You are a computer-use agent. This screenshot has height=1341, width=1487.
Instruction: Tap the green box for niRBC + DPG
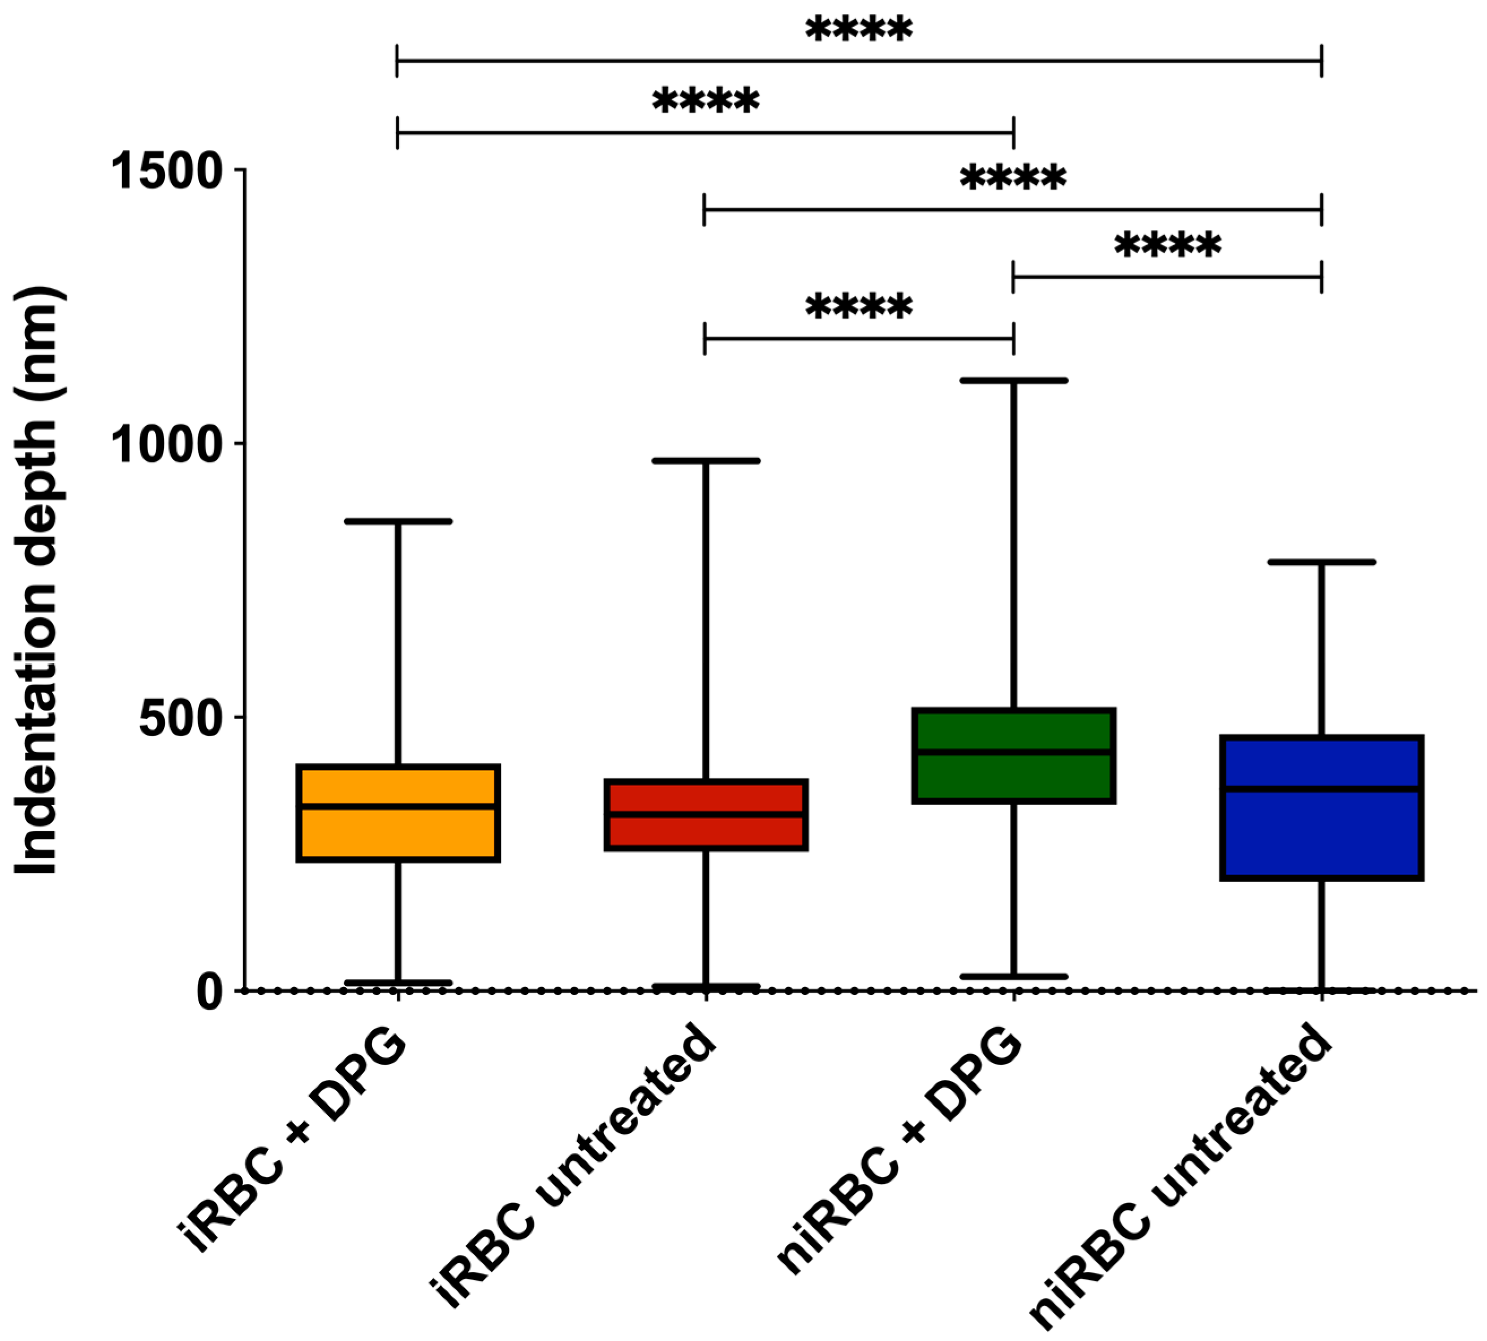[x=1013, y=777]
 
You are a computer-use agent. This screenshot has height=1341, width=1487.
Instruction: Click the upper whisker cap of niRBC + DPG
[x=1013, y=380]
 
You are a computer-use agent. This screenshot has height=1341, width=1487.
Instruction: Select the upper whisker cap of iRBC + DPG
[x=398, y=521]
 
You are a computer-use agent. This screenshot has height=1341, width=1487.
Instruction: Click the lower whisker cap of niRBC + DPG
[x=1013, y=977]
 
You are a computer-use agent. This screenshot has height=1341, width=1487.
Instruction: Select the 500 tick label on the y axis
[x=180, y=717]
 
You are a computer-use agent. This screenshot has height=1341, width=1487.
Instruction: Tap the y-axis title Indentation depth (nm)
[x=37, y=582]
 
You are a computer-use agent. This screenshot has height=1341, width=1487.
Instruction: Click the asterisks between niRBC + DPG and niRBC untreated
[x=1167, y=245]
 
